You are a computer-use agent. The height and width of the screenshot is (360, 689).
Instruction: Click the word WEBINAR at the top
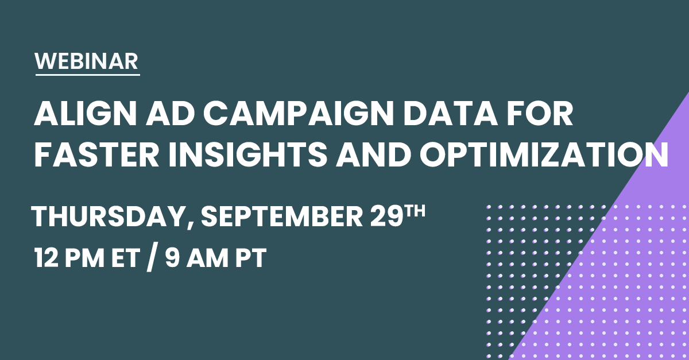pyautogui.click(x=87, y=61)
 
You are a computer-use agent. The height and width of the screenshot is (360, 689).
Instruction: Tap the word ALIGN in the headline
pyautogui.click(x=85, y=114)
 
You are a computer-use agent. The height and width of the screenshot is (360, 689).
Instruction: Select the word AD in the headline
pyautogui.click(x=170, y=114)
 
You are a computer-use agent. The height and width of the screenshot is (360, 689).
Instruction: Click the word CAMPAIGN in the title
pyautogui.click(x=299, y=114)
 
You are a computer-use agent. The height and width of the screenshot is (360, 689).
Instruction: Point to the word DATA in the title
pyautogui.click(x=450, y=114)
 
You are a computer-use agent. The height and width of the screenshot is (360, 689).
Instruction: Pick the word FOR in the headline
pyautogui.click(x=540, y=114)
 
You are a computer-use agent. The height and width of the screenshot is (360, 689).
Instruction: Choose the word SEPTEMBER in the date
pyautogui.click(x=282, y=216)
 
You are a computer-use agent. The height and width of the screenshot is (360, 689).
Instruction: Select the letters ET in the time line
pyautogui.click(x=126, y=258)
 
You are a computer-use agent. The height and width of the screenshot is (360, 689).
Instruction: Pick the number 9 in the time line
pyautogui.click(x=172, y=258)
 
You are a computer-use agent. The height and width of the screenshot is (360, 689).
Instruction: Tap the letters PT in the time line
pyautogui.click(x=251, y=258)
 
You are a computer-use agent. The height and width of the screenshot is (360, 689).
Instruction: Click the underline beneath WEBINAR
pyautogui.click(x=88, y=75)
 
